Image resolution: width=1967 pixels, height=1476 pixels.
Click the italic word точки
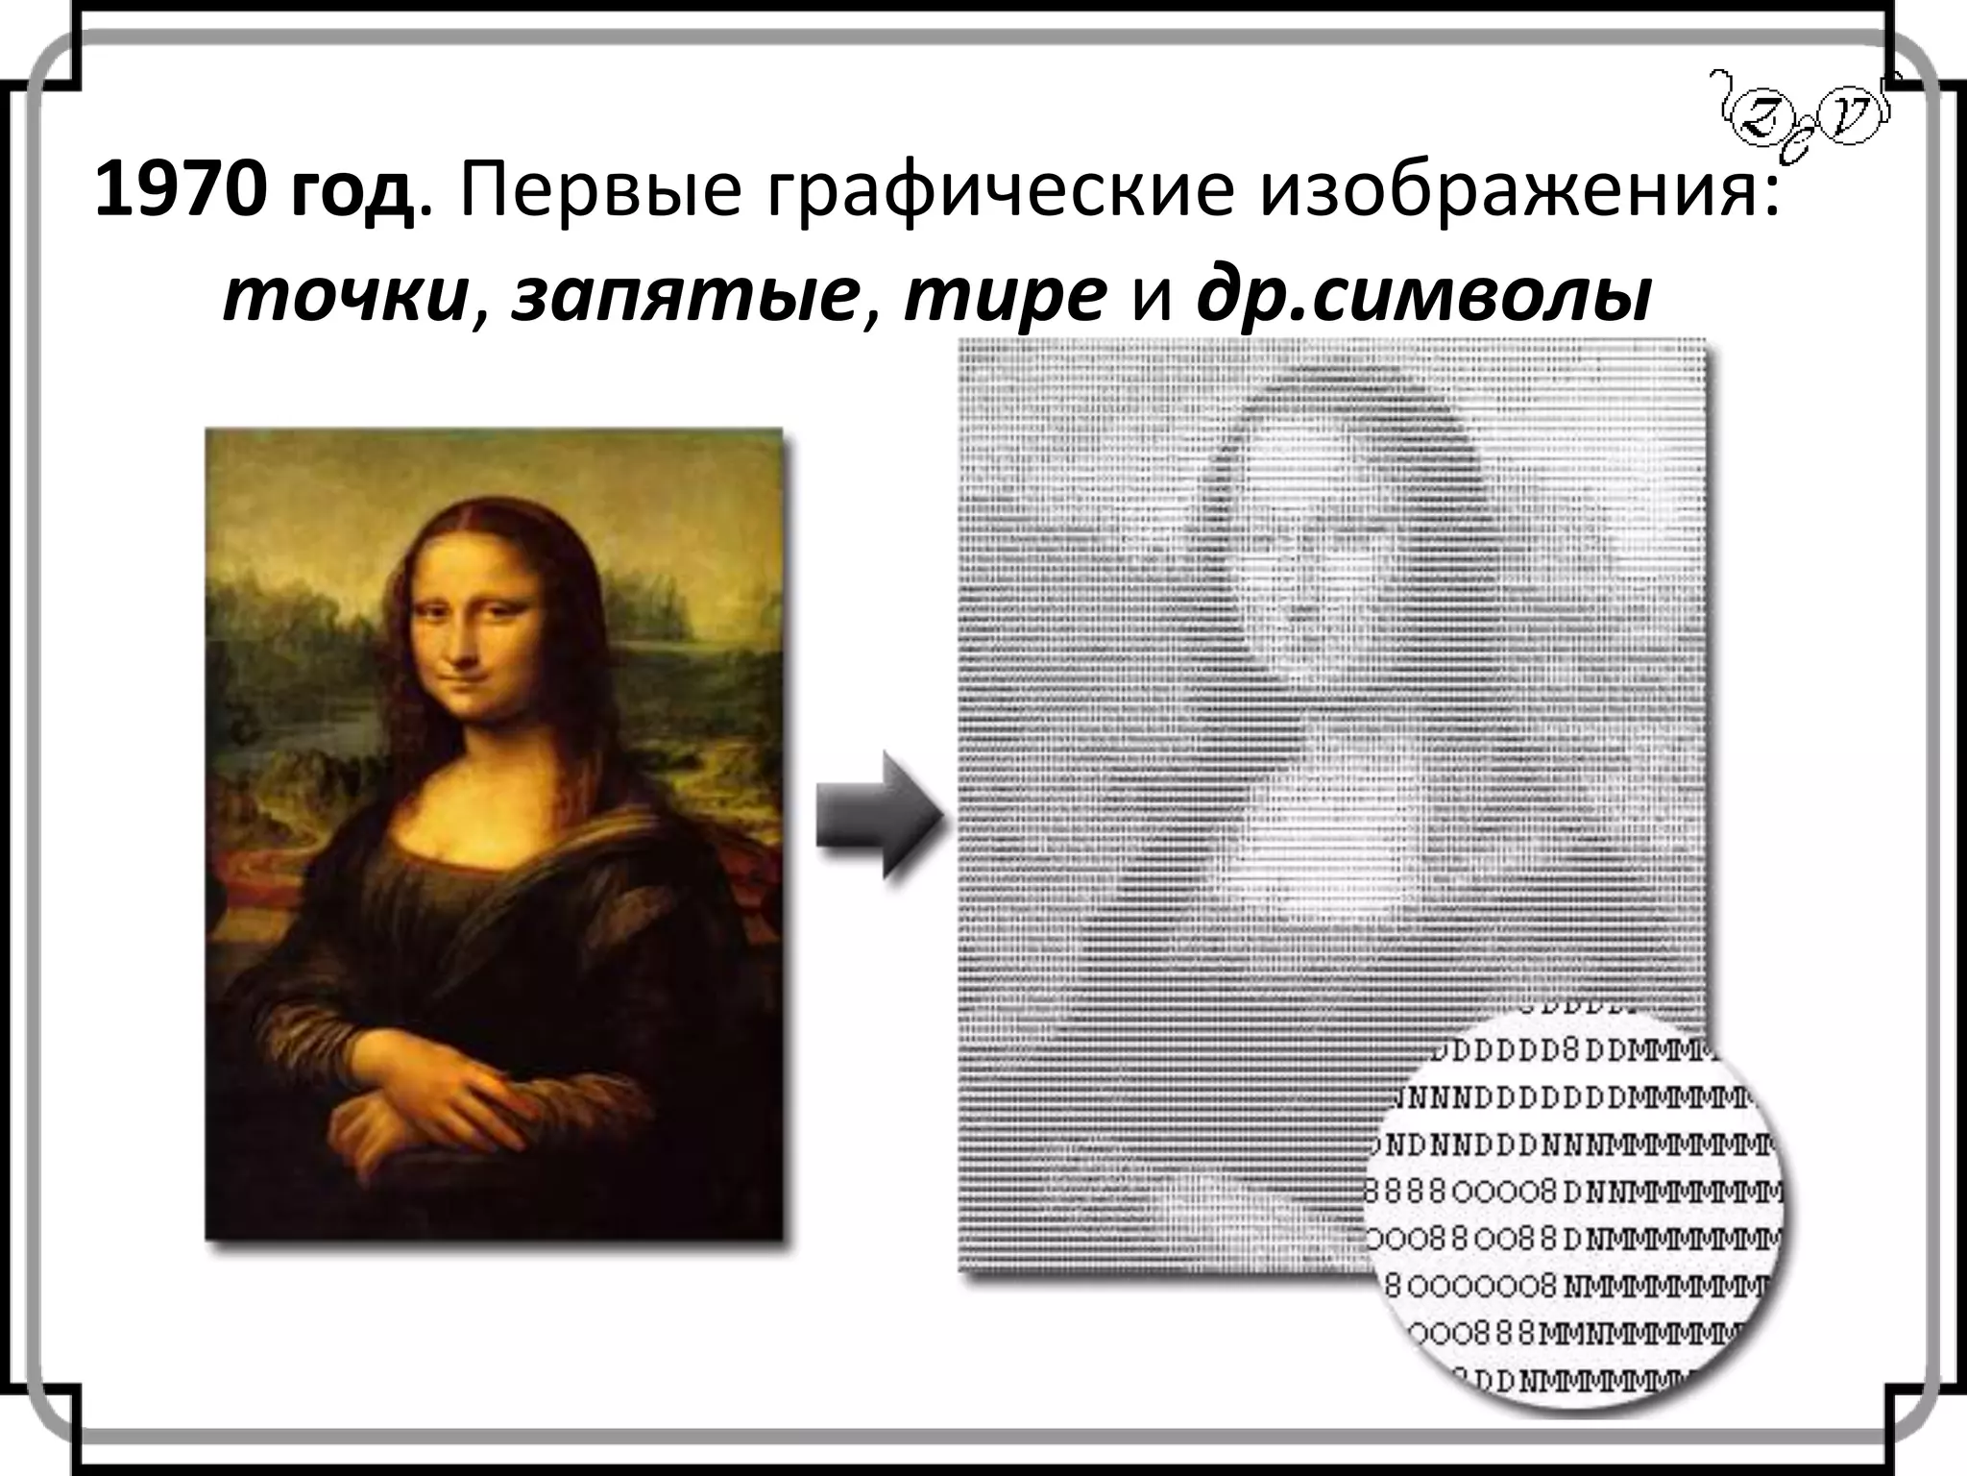point(347,298)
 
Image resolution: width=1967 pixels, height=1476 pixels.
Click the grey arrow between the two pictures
point(876,815)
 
